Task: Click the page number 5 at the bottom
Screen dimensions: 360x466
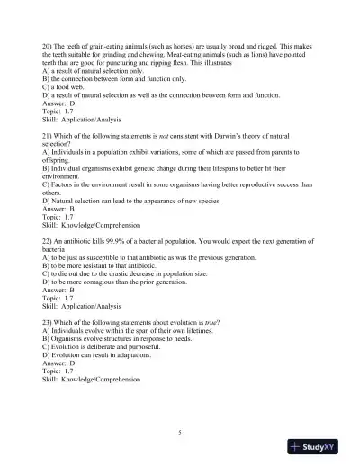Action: tap(180, 433)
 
